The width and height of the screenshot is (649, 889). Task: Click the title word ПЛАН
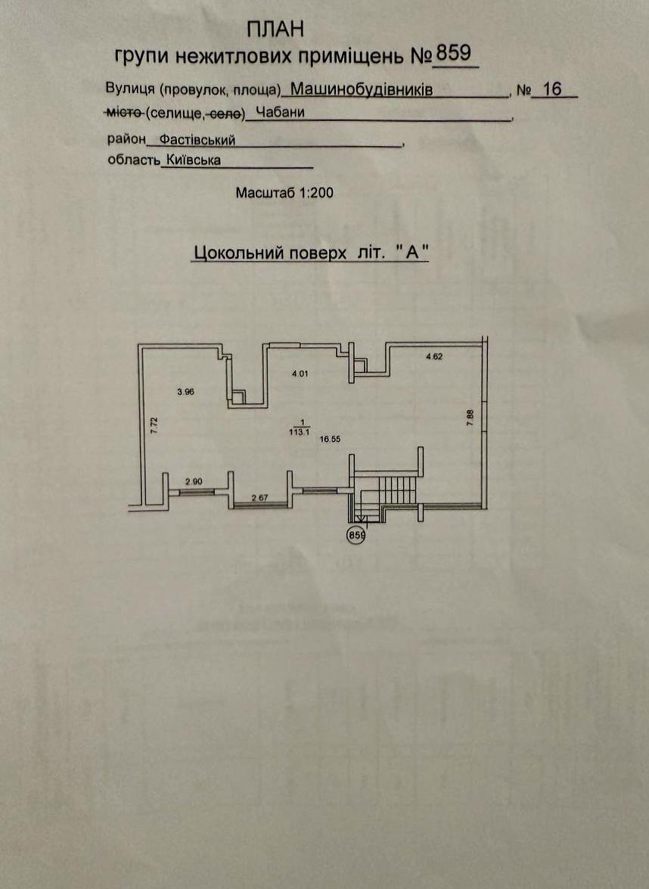click(x=275, y=29)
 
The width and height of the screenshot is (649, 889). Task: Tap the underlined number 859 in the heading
click(x=453, y=53)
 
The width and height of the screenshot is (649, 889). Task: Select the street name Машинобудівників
click(x=362, y=89)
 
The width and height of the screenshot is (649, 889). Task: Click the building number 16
click(x=552, y=89)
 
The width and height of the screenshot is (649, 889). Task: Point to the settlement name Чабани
click(x=281, y=112)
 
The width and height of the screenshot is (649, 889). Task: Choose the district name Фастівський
click(x=197, y=139)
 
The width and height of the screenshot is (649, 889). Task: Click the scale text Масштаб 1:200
click(x=284, y=193)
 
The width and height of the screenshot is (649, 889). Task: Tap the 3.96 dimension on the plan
click(x=186, y=391)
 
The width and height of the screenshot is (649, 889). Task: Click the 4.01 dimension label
click(x=300, y=374)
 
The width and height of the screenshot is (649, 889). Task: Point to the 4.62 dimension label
click(x=434, y=356)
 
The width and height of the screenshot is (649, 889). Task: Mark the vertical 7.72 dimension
click(x=154, y=425)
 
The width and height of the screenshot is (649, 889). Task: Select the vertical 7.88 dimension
click(x=469, y=418)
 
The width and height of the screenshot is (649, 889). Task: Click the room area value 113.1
click(x=303, y=431)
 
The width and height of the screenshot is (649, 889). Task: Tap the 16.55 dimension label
click(x=330, y=439)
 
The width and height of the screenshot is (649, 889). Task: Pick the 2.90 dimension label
click(x=194, y=482)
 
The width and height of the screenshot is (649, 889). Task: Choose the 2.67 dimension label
click(x=259, y=498)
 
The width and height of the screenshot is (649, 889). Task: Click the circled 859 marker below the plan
click(x=356, y=535)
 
